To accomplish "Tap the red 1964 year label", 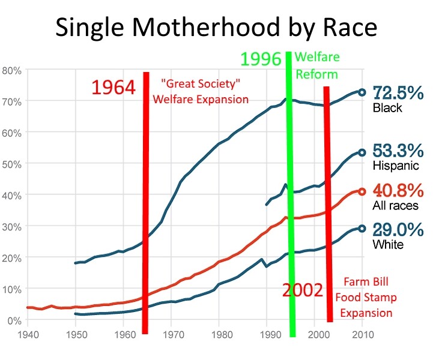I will (114, 88).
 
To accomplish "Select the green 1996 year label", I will (261, 59).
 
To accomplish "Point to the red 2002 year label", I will (304, 290).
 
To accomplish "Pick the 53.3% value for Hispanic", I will (399, 150).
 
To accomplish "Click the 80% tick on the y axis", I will (12, 70).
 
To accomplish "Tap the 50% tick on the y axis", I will (12, 164).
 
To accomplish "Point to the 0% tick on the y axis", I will (14, 320).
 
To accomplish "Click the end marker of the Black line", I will (362, 92).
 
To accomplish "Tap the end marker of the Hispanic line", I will (362, 152).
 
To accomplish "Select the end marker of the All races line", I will (362, 191).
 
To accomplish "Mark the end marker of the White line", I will (362, 228).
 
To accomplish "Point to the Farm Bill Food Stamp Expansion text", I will (368, 297).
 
